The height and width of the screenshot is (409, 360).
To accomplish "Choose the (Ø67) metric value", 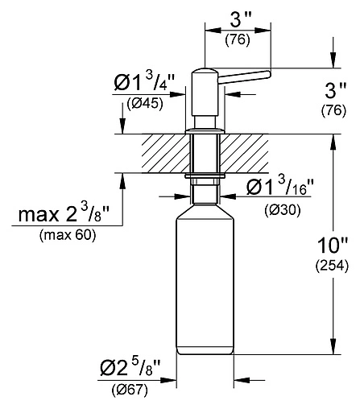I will coord(129,391).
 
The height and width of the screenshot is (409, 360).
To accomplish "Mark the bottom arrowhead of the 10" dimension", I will coord(333,349).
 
